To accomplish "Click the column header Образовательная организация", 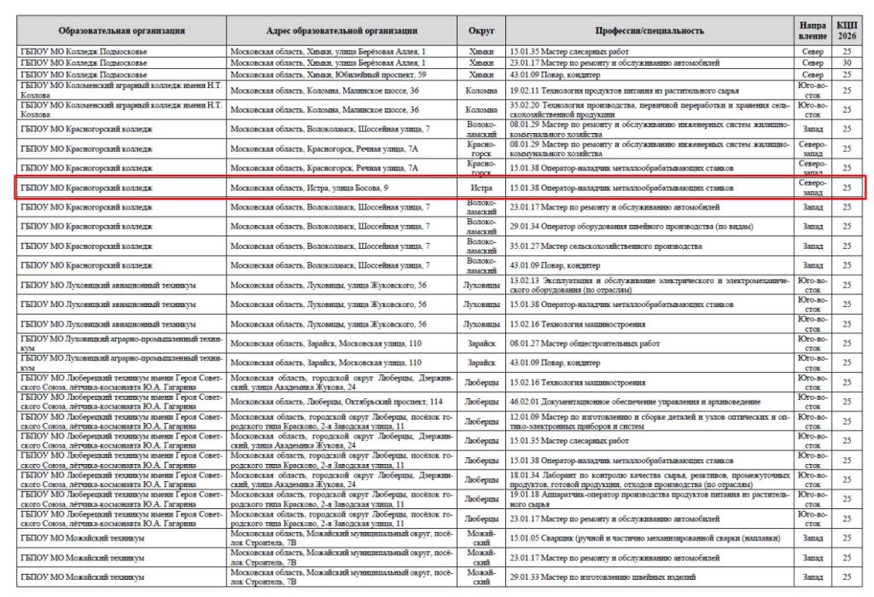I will [122, 31].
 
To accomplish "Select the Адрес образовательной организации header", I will [341, 31].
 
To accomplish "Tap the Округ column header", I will [481, 31].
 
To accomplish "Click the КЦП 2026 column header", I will [846, 31].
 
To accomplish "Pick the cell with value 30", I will [846, 63].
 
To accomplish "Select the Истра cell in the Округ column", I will [481, 188].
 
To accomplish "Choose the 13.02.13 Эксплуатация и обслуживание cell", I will [650, 284].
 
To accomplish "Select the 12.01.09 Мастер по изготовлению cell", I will [650, 420].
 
